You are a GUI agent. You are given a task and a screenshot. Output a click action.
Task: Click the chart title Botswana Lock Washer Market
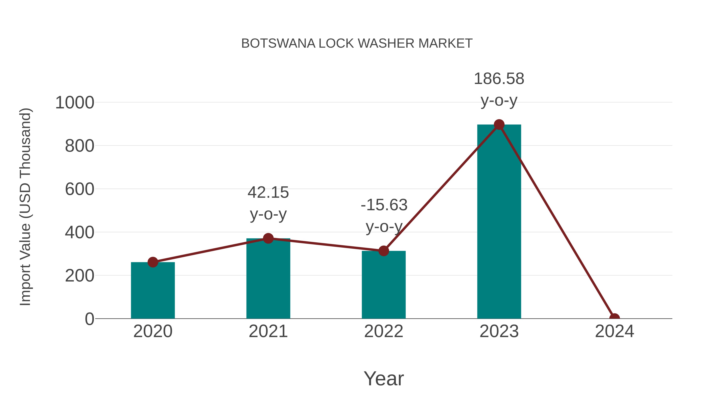coord(357,43)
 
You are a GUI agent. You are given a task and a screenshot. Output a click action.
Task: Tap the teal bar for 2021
coord(268,280)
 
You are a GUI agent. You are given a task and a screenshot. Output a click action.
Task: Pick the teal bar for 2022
coord(384,286)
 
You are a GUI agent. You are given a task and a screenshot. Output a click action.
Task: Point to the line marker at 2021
coord(268,238)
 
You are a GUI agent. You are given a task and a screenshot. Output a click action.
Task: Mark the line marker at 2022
coord(384,251)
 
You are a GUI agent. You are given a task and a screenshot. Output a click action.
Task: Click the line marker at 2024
coord(614,318)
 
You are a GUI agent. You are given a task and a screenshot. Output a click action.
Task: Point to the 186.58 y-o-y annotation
coord(499,89)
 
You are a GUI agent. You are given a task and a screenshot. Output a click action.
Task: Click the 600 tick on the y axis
coord(80,190)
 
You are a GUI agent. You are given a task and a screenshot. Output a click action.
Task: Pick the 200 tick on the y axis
coord(80,276)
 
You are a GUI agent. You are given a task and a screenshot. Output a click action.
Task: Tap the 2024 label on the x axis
coord(614,332)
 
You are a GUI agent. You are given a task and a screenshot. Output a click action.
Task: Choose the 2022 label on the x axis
coord(384,332)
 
